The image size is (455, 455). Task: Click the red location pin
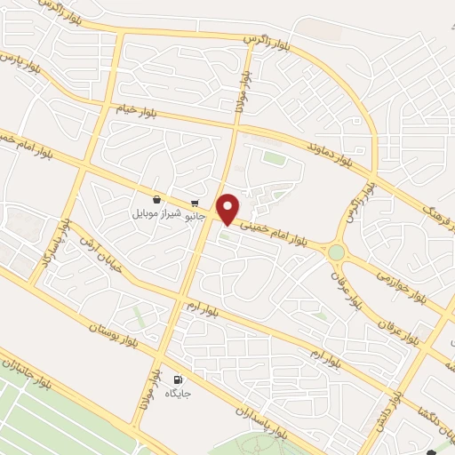229,208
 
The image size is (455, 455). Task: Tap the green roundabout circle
336,252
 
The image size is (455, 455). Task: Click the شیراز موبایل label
156,214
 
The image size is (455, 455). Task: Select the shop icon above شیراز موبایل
157,200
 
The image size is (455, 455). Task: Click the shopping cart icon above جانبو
195,203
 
